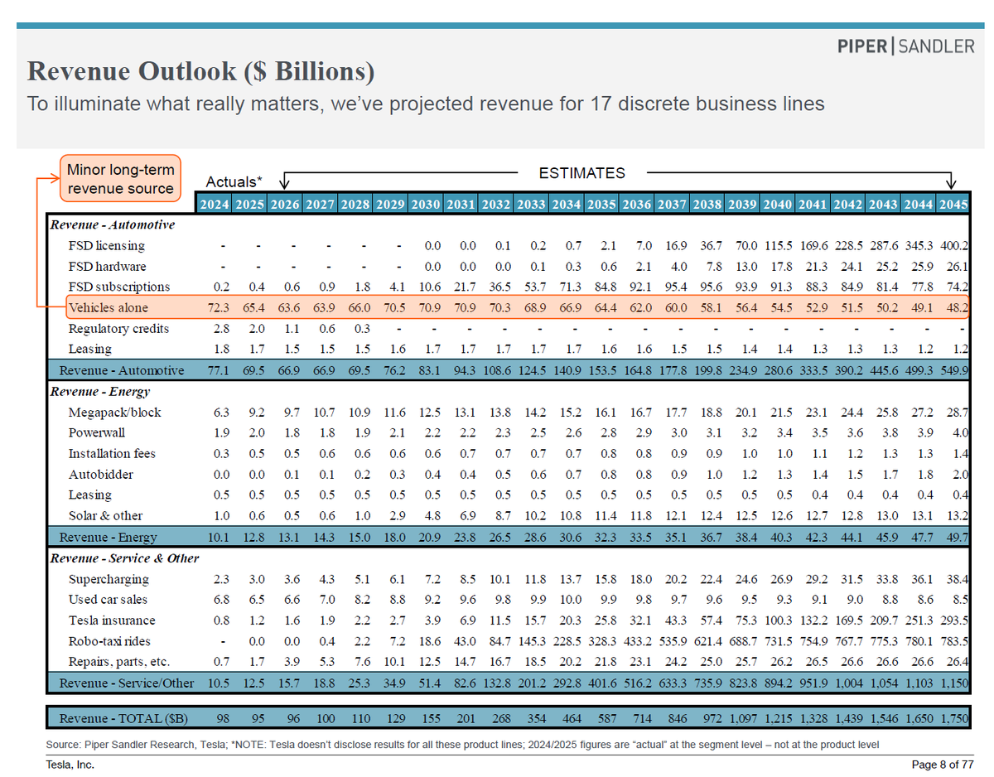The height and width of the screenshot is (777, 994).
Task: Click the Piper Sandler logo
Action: point(905,46)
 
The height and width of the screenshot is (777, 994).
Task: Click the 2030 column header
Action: point(426,204)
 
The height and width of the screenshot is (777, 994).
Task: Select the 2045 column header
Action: point(953,204)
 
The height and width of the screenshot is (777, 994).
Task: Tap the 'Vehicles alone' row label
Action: point(108,307)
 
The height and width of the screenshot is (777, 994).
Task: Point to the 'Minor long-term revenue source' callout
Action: point(120,178)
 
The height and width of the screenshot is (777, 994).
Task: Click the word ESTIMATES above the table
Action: point(581,173)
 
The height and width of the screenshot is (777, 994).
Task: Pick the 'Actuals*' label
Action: point(234,181)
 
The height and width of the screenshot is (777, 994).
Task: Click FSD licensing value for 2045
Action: point(953,245)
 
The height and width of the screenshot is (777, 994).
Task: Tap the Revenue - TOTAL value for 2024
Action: point(223,718)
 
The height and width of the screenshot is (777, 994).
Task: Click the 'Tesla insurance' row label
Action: point(112,620)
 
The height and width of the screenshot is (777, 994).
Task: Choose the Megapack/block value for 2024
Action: point(221,412)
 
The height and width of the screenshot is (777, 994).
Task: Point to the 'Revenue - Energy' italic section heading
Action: point(100,392)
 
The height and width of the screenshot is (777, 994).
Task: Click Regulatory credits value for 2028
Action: point(362,328)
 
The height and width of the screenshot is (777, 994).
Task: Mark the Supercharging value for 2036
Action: point(641,579)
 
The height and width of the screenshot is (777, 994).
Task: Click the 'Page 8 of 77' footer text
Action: point(943,765)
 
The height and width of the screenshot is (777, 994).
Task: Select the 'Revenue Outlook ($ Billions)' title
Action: point(200,71)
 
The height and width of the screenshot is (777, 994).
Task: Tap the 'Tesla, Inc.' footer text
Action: point(70,765)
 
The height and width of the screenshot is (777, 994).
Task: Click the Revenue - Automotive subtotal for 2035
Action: point(602,370)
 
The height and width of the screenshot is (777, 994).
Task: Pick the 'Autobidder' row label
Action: point(100,475)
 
